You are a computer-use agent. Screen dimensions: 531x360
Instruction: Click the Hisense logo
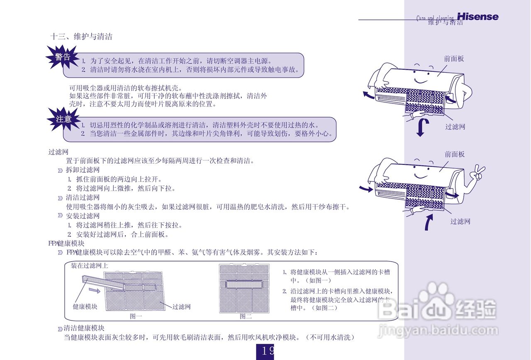coord(477,17)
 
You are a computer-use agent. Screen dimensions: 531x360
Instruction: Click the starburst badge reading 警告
coord(63,57)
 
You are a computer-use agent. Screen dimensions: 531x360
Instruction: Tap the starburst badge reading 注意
coord(63,119)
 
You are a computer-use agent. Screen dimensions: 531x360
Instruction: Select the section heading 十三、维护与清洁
coord(81,37)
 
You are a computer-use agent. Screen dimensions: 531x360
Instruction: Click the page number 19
coord(265,351)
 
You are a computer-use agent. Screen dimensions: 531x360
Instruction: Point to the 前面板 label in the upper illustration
coord(454,59)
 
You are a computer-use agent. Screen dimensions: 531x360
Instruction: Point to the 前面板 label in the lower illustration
coord(455,154)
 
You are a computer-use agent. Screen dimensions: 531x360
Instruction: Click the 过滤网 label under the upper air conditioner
coord(455,127)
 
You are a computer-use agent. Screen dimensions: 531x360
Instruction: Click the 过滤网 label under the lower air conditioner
coord(460,221)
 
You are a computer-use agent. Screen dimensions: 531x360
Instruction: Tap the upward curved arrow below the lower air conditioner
coord(429,222)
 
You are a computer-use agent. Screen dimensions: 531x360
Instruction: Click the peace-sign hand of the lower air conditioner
coord(479,172)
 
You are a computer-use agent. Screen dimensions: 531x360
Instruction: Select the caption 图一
coord(136,316)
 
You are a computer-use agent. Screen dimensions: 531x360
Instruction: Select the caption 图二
coord(246,316)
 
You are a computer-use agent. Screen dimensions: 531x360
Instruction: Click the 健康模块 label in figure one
coord(85,307)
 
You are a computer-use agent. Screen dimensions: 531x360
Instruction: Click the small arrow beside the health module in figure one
coord(95,291)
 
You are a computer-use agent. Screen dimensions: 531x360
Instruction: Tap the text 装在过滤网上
coord(89,265)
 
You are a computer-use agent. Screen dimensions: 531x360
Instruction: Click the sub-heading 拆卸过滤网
coord(83,170)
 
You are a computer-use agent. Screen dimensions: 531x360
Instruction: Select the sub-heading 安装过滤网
coord(83,216)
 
